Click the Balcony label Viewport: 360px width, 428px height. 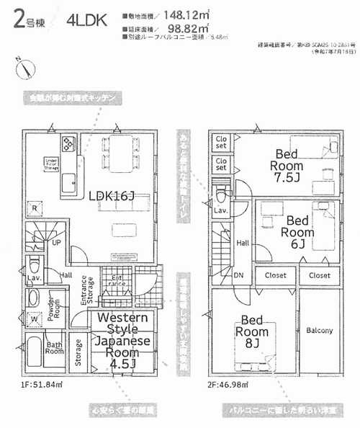pyautogui.click(x=319, y=331)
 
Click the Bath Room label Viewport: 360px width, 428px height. pyautogui.click(x=55, y=349)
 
